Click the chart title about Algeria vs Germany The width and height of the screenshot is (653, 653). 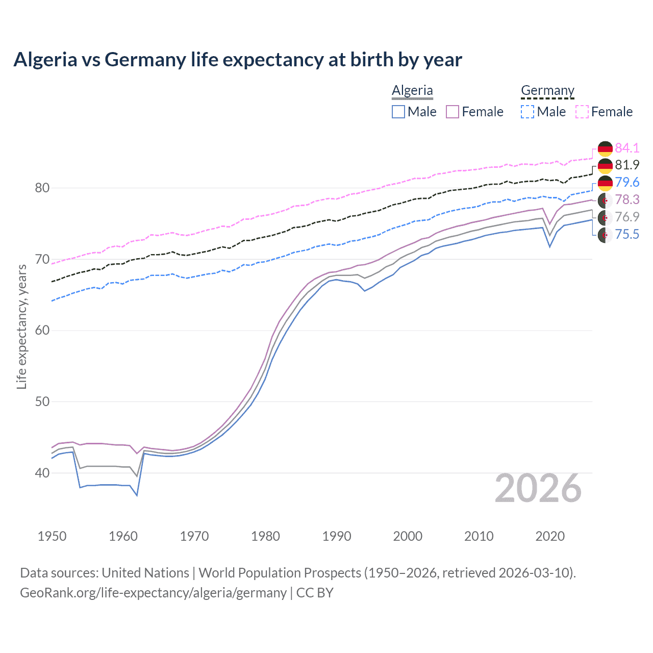238,60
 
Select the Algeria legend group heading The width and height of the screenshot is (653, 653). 412,90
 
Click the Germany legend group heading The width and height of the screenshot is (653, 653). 547,90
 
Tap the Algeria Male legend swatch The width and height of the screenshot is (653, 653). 398,112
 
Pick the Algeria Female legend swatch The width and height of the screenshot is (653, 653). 453,112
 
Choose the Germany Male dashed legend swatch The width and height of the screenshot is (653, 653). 528,112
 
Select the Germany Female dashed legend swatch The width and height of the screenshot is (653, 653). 582,112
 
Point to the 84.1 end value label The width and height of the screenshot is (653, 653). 627,148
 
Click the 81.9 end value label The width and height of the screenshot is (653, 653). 627,165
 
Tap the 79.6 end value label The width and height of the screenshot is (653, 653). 627,183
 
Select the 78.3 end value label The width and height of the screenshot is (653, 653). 627,199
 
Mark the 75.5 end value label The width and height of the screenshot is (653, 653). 627,234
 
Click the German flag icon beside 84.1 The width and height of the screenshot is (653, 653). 605,148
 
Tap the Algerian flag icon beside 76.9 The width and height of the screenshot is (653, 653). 605,217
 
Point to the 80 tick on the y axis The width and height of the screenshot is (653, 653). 42,188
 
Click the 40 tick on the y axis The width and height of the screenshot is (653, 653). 42,473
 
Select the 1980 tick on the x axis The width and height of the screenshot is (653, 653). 265,536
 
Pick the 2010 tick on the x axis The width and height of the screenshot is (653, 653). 479,536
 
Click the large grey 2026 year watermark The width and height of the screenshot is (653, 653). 538,489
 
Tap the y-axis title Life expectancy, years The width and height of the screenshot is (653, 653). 21,326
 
